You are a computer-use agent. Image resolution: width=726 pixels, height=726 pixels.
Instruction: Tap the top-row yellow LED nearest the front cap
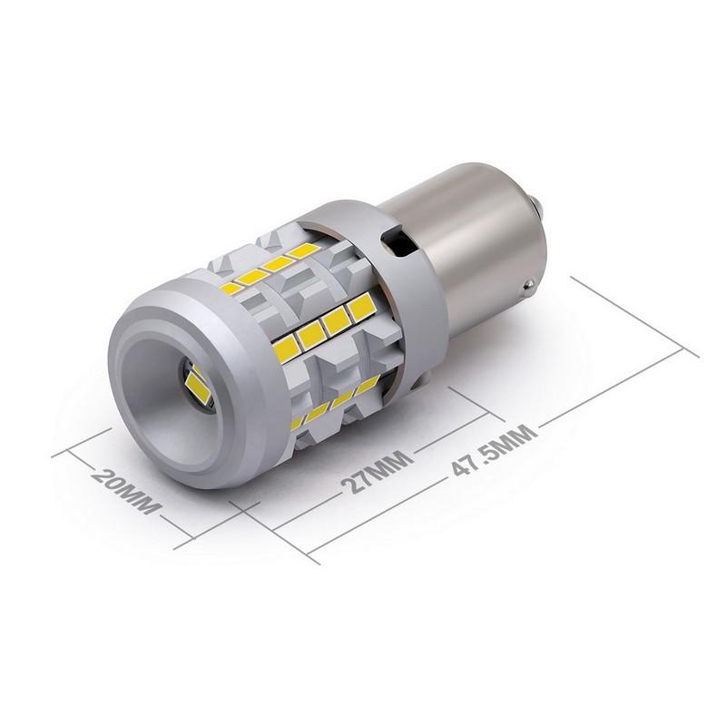click(234, 289)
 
